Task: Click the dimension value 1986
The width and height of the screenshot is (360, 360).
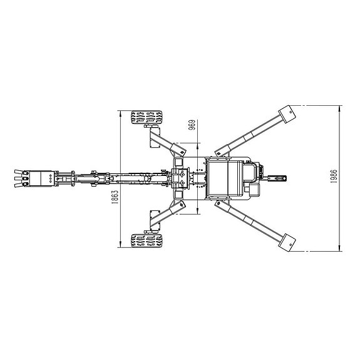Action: (334, 176)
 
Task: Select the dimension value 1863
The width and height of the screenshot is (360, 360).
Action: (115, 197)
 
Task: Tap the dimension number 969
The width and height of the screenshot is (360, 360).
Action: (192, 125)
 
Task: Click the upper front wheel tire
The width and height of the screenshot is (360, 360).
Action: (147, 117)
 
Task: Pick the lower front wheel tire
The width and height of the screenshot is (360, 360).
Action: (147, 240)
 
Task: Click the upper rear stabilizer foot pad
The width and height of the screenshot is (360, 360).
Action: (287, 114)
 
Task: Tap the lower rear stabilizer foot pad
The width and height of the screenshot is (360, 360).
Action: (287, 243)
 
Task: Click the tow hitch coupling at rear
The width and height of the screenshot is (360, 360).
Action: (277, 178)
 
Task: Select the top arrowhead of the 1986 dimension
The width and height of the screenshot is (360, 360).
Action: (340, 108)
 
